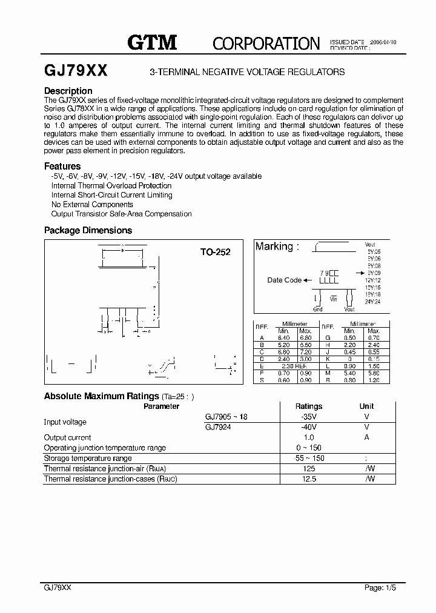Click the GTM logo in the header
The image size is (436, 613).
(x=152, y=42)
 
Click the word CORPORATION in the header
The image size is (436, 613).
(x=266, y=43)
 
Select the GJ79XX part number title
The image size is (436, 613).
(x=76, y=71)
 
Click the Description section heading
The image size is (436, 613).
(x=68, y=91)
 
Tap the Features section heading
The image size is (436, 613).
(x=62, y=166)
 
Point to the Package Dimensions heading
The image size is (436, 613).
(x=88, y=230)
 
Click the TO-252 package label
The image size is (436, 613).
(x=216, y=252)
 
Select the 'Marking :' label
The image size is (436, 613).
(x=277, y=247)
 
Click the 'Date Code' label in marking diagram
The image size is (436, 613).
(x=284, y=280)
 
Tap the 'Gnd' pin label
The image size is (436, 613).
(x=318, y=309)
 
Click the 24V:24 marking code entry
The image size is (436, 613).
(x=373, y=301)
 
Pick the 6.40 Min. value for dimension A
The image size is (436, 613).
(x=283, y=337)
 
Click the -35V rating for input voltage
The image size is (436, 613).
(x=309, y=417)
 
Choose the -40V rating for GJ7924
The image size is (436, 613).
(x=309, y=427)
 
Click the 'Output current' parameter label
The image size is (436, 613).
(x=68, y=437)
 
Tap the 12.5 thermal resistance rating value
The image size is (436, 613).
(x=309, y=479)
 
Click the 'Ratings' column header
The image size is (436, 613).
(x=309, y=406)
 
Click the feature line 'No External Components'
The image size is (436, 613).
(x=92, y=205)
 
